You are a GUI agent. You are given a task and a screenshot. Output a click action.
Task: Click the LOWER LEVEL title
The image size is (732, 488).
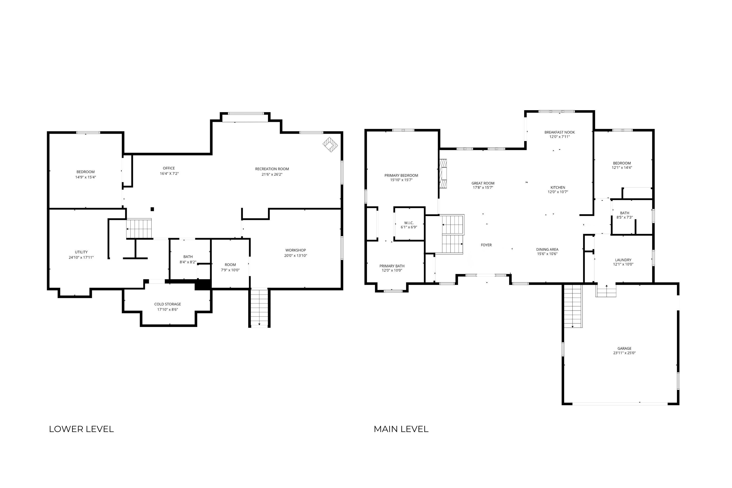click(81, 429)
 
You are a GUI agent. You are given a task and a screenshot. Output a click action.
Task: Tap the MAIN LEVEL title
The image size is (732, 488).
click(401, 429)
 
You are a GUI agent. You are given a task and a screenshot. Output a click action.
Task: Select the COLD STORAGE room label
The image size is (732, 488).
click(168, 304)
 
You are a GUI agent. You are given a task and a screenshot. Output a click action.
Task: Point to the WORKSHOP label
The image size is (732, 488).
click(296, 250)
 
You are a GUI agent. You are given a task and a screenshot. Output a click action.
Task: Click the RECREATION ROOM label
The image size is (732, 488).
click(272, 169)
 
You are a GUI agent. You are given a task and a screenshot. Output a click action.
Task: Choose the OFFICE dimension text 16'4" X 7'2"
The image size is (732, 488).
click(169, 174)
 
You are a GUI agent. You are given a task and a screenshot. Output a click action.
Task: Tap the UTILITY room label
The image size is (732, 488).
click(81, 252)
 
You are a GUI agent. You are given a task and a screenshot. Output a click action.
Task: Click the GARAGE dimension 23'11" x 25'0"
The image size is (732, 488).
click(624, 353)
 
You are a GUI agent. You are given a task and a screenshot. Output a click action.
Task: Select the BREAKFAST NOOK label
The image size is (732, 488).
click(560, 132)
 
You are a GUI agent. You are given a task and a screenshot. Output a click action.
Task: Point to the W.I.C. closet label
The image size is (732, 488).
click(409, 223)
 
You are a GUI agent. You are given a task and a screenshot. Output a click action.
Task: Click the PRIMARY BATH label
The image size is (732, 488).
click(392, 266)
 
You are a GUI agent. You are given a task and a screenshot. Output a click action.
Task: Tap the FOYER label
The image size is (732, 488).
click(486, 245)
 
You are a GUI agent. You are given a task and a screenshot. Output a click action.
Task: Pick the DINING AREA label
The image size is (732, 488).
click(547, 249)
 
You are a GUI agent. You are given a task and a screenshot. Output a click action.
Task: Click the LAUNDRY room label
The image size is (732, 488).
click(623, 260)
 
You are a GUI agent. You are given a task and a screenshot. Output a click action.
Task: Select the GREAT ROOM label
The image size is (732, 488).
click(483, 183)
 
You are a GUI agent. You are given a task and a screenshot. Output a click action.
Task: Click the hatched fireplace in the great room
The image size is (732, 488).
click(443, 174)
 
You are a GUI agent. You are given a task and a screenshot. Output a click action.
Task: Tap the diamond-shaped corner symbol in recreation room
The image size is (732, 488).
click(330, 145)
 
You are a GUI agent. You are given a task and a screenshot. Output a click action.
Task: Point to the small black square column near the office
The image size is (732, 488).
click(152, 209)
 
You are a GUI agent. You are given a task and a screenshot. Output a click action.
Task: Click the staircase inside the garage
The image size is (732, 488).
click(573, 306)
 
